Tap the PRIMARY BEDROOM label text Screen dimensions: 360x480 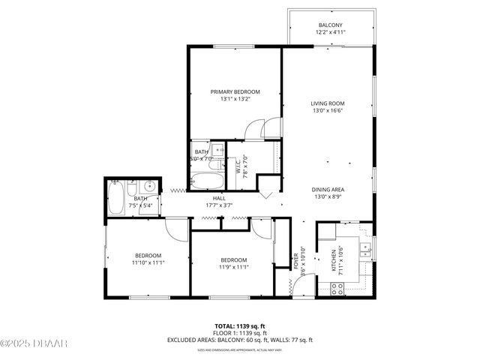click(x=235, y=91)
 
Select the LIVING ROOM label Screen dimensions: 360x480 click(x=328, y=103)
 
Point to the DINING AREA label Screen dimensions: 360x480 click(x=328, y=190)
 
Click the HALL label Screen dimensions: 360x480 click(x=219, y=198)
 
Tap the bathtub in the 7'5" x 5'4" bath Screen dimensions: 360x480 click(x=117, y=197)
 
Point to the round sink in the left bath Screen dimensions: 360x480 click(x=148, y=185)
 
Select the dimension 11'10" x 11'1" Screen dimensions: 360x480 click(x=148, y=262)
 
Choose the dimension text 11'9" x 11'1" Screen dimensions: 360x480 click(x=233, y=267)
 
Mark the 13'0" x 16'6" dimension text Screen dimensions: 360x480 click(x=328, y=110)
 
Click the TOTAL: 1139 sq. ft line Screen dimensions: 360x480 click(x=239, y=326)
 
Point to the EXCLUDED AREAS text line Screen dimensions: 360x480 click(x=239, y=340)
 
